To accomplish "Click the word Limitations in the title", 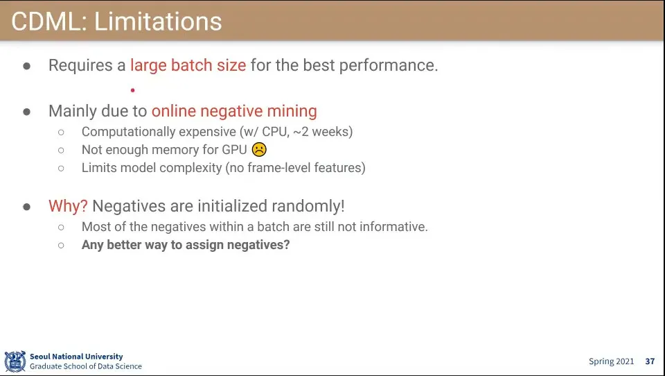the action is [x=158, y=22].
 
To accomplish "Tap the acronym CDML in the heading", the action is [x=46, y=22].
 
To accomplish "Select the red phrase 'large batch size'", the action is [x=188, y=65].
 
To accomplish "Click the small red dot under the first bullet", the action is [x=133, y=90].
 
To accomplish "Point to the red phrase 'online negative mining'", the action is [x=234, y=111].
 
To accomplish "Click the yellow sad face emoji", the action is [x=259, y=150].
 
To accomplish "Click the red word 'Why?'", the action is [x=68, y=206].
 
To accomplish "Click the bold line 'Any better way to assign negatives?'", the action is [x=186, y=245].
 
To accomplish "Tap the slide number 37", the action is [x=650, y=361].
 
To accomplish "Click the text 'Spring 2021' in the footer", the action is [x=611, y=361].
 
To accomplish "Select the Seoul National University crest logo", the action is [x=15, y=361].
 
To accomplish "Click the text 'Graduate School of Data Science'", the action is [x=86, y=366].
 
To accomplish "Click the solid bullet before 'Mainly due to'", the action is [x=27, y=112].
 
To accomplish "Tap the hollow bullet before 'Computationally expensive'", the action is [x=61, y=132].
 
